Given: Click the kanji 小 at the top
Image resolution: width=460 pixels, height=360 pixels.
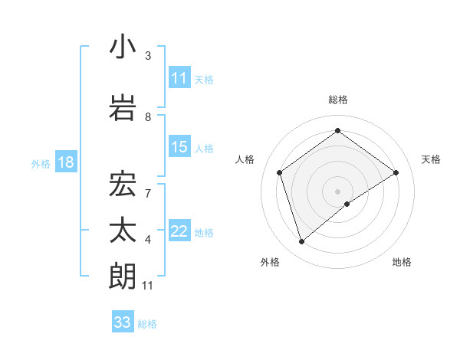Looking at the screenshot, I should [123, 47].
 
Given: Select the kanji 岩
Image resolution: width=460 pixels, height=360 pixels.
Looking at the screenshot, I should [123, 106].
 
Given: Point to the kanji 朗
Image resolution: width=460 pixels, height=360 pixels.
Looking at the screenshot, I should [123, 276].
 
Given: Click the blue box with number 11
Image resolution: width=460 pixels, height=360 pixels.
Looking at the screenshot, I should [179, 78].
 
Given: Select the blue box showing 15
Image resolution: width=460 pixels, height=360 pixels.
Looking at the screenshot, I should [179, 148].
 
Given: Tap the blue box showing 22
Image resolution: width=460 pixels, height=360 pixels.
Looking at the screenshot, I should [179, 232].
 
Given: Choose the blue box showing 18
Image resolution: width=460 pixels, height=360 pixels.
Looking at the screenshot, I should [64, 163].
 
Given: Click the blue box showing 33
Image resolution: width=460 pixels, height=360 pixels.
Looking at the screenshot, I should [123, 322].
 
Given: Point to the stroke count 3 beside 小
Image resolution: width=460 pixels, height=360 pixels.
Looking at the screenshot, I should [148, 56].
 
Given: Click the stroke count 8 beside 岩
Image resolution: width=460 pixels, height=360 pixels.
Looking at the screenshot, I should [148, 116].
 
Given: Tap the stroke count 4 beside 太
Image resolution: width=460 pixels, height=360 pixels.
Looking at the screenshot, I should [148, 240].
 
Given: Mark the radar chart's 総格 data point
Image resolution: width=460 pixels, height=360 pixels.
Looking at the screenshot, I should [337, 131].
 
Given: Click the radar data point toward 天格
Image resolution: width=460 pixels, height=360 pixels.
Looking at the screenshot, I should [396, 172].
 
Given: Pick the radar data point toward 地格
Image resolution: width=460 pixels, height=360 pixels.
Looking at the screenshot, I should [347, 204].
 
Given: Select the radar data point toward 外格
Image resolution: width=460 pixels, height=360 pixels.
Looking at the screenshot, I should [302, 242].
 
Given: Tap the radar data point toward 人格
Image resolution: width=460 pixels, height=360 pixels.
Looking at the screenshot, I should [280, 172].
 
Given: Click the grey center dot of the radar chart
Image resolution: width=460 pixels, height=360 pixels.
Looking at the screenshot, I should [337, 191].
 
